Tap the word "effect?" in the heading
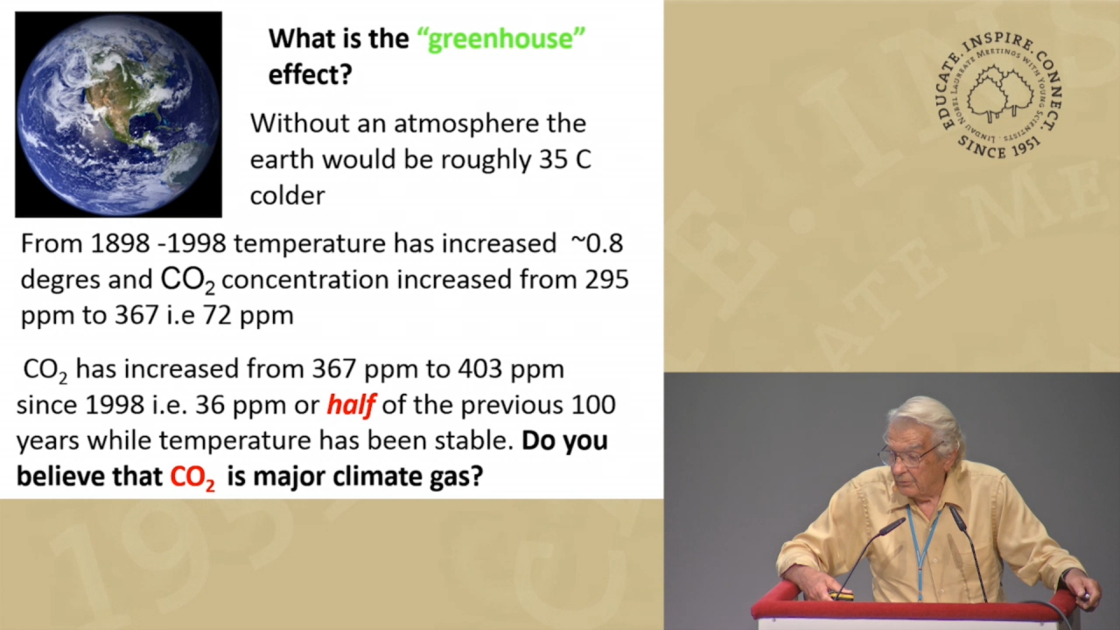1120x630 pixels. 311,74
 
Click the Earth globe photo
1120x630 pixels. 118,115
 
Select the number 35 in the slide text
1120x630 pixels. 552,159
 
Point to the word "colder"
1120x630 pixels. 288,195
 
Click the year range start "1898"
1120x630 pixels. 120,243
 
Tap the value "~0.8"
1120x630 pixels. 597,243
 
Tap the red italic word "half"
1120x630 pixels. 351,405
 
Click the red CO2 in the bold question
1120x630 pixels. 192,478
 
